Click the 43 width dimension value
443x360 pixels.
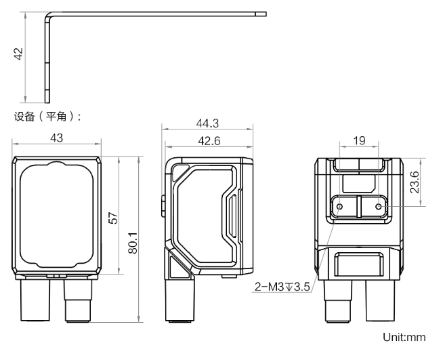click(x=57, y=138)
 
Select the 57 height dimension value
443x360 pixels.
click(x=114, y=218)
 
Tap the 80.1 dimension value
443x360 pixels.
click(x=133, y=242)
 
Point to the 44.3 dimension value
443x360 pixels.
click(x=207, y=123)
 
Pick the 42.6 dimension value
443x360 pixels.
click(x=207, y=141)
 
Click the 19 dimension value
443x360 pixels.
click(x=360, y=141)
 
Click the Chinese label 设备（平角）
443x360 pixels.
click(x=47, y=117)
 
